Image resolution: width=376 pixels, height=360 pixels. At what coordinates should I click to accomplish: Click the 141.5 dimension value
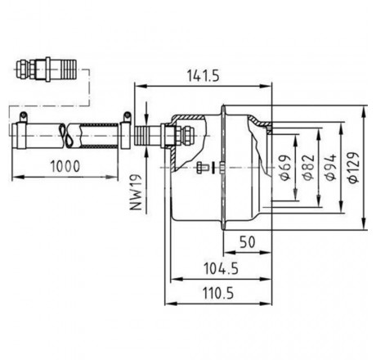(203, 76)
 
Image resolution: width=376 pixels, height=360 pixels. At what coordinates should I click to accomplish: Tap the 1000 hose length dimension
(65, 166)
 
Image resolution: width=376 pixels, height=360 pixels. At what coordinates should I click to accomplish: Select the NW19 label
(136, 191)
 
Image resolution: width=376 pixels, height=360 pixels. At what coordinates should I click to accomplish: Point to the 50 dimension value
(248, 241)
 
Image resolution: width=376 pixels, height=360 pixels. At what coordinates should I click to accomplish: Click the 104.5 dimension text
(221, 268)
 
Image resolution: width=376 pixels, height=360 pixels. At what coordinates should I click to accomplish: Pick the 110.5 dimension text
(218, 294)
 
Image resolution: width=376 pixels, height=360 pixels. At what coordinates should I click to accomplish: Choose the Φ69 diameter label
(285, 167)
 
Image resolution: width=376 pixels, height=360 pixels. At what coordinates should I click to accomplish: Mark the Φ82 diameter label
(308, 167)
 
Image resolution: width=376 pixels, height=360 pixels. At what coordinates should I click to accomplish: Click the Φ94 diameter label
(331, 167)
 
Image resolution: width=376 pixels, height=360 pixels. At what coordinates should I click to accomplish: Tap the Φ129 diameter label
(353, 168)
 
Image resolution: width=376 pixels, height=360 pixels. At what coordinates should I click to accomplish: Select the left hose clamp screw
(23, 116)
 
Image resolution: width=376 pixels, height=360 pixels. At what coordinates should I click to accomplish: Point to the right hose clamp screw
(127, 116)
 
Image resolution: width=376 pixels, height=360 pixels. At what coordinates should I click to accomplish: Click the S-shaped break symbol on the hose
(66, 136)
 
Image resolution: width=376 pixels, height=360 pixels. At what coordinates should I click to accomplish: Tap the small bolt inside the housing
(202, 168)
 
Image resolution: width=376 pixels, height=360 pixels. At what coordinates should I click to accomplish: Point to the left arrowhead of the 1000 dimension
(17, 177)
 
